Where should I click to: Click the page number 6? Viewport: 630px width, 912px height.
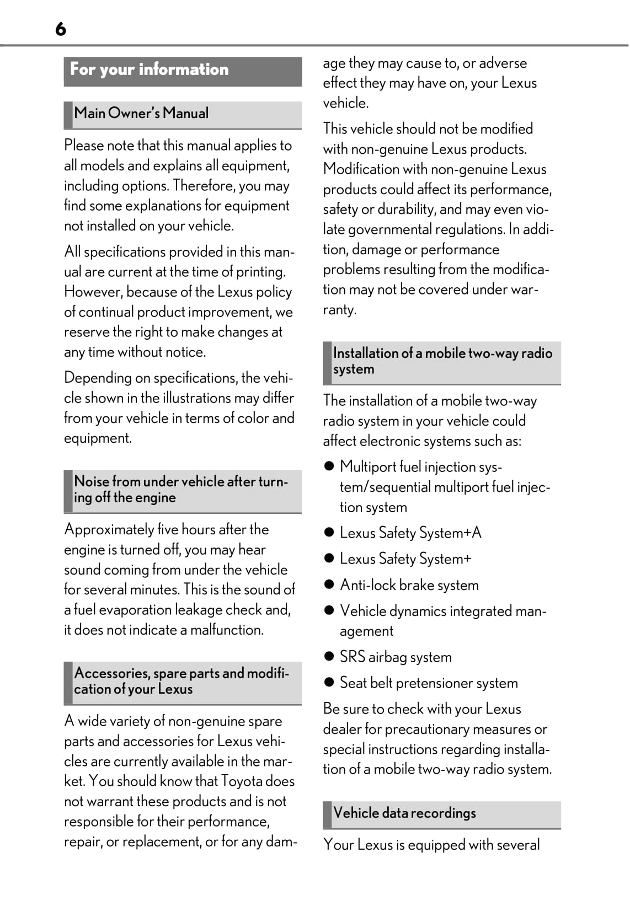[61, 29]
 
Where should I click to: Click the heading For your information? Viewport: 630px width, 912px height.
[149, 69]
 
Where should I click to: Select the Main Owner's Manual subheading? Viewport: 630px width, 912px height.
[141, 113]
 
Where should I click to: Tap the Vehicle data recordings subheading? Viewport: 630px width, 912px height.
[404, 813]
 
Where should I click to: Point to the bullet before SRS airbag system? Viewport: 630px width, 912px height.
[329, 656]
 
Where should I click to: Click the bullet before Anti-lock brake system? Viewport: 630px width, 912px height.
[329, 584]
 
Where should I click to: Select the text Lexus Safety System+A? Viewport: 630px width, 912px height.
[410, 533]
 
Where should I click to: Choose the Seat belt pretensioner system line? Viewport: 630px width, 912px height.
[429, 683]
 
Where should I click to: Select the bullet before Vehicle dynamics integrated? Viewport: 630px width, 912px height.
[329, 610]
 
